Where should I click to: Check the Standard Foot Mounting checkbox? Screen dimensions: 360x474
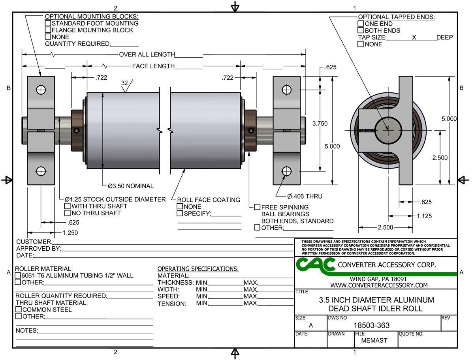coord(48,23)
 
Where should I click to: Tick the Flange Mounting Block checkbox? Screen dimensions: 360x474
coord(48,30)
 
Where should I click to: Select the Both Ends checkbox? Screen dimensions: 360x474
coord(360,30)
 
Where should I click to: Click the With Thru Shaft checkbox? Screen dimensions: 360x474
coord(68,206)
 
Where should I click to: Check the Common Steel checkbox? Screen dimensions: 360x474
coord(18,309)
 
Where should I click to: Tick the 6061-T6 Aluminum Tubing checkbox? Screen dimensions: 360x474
coord(18,276)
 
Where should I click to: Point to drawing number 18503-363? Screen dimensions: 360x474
coord(371,325)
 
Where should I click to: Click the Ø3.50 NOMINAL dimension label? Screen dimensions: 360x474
coord(130,186)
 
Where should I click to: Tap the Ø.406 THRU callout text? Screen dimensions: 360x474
coord(304,196)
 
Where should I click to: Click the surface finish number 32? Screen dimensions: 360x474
coord(124,84)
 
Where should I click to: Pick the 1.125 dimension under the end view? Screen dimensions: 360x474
coord(423,216)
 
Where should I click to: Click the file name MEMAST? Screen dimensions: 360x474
coord(374,340)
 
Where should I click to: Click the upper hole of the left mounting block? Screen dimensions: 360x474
coord(41,90)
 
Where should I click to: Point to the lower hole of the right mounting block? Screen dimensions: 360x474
coord(287,171)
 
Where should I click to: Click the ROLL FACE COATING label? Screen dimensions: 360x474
coord(209,200)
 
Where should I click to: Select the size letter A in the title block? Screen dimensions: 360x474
coord(310,326)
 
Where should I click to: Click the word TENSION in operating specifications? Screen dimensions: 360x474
coord(172,304)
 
